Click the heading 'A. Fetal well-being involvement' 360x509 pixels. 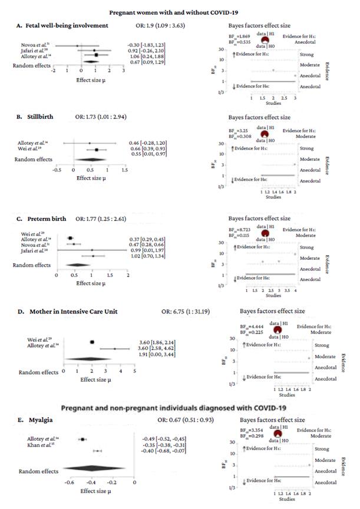pos(63,26)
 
